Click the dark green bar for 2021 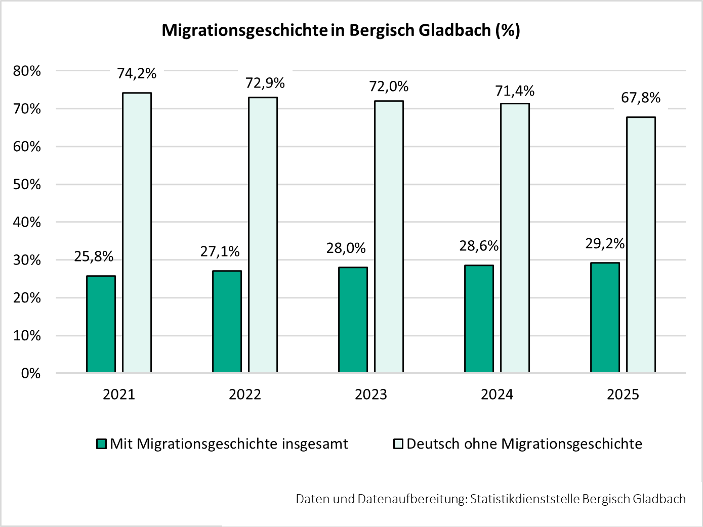101,324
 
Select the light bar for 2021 137,233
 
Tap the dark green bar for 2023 353,320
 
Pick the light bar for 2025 641,245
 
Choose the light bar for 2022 263,235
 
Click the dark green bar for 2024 479,319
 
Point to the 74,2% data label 137,74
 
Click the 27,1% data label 220,251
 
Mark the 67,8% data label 641,98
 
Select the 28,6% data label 479,246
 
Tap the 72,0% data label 389,86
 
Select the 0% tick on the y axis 31,374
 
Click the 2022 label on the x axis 245,394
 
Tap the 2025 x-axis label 623,394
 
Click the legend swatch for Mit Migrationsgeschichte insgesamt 102,444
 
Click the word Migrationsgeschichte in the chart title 244,30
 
